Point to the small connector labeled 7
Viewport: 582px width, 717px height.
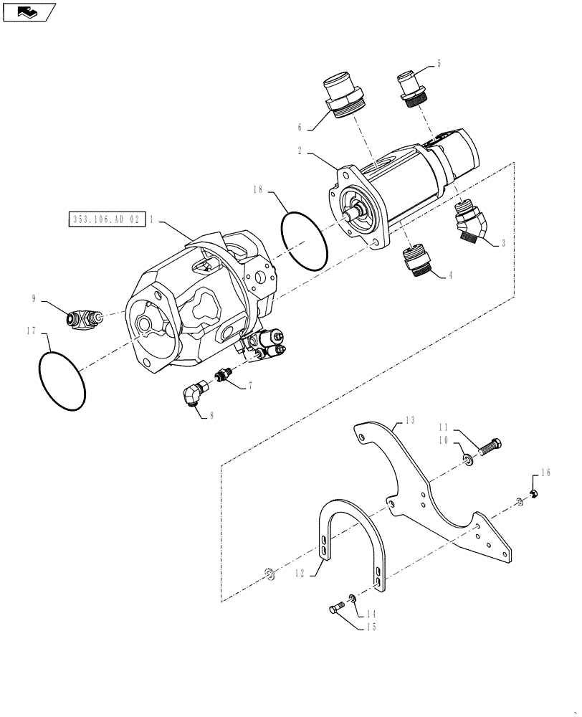pyautogui.click(x=224, y=375)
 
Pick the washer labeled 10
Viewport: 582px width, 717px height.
pyautogui.click(x=467, y=458)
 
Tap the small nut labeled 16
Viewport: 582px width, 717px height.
pyautogui.click(x=533, y=491)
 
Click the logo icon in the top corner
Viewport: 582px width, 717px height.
pyautogui.click(x=28, y=11)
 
